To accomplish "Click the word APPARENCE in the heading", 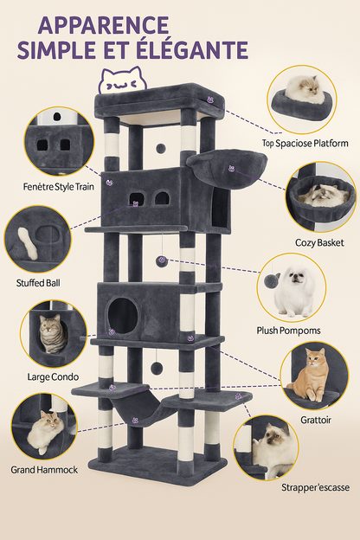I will point(104,23).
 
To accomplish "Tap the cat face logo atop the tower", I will point(121,81).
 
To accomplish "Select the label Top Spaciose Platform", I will point(305,143).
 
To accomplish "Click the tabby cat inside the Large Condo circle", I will point(53,333).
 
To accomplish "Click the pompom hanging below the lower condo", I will point(157,367).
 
